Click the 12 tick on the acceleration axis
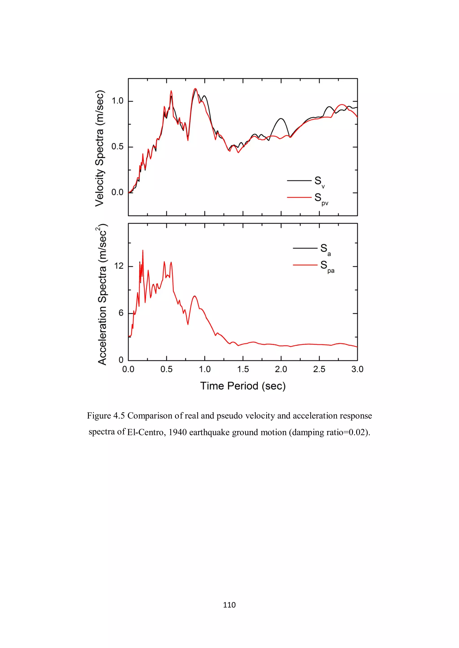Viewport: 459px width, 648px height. point(119,266)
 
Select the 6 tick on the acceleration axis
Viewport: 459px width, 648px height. point(121,313)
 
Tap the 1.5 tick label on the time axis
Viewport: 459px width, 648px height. point(243,369)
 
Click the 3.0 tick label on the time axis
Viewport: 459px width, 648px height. point(357,369)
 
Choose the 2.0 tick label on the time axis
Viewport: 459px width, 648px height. point(281,369)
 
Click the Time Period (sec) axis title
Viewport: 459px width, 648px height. point(243,386)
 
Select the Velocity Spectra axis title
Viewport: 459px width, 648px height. point(100,148)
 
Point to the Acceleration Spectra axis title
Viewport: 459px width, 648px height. point(102,295)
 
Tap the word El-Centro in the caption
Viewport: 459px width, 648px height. point(145,432)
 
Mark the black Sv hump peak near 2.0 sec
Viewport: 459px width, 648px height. point(281,119)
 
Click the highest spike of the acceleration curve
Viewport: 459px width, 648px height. point(143,250)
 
